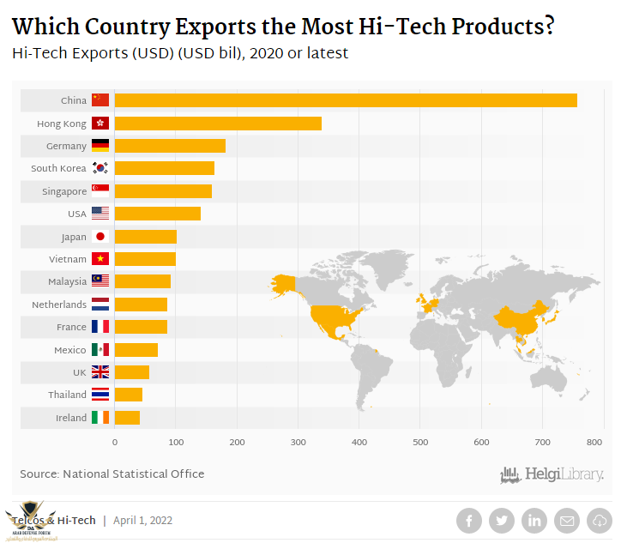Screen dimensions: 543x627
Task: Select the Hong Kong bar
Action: click(x=218, y=124)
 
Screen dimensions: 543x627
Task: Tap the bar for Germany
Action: click(x=170, y=146)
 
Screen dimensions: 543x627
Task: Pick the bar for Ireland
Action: click(x=127, y=418)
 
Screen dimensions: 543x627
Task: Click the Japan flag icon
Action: click(x=100, y=237)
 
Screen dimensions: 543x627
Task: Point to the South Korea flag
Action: click(x=100, y=168)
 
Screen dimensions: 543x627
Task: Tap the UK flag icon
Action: click(x=100, y=372)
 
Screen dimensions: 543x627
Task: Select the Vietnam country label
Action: click(x=68, y=259)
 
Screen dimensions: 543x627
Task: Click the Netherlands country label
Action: click(x=59, y=305)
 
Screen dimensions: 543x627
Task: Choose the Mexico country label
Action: click(x=70, y=350)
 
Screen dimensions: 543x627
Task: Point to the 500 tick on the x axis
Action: click(x=420, y=443)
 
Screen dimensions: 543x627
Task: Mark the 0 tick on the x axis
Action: click(x=115, y=443)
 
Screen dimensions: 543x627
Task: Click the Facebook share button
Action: click(x=468, y=520)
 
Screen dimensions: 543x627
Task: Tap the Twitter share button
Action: click(x=501, y=520)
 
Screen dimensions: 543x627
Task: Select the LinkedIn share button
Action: click(x=534, y=520)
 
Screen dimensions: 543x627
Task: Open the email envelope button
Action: click(x=566, y=520)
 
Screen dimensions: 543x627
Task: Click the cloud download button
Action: click(x=599, y=520)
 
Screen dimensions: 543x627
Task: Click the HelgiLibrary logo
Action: click(x=552, y=474)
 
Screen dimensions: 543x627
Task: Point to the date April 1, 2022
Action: click(x=143, y=520)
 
